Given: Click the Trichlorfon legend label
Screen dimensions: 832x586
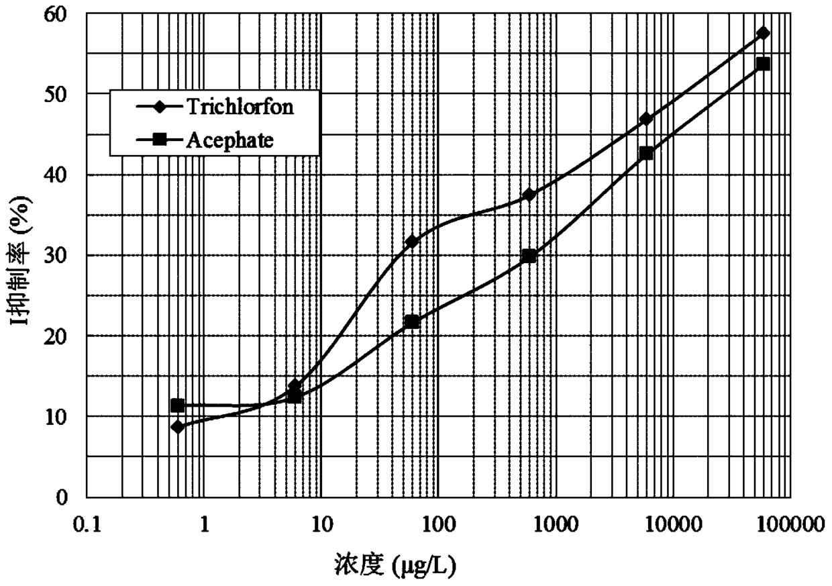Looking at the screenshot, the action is click(240, 107).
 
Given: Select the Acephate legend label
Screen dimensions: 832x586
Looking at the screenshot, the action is click(230, 140).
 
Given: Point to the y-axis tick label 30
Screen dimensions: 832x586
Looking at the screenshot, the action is click(55, 256).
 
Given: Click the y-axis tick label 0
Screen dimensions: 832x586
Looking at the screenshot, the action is click(61, 497).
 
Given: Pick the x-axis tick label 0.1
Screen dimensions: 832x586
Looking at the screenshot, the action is click(87, 525).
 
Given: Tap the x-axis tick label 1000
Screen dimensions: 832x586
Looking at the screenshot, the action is click(556, 525).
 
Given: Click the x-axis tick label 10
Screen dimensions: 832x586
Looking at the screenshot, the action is click(321, 525).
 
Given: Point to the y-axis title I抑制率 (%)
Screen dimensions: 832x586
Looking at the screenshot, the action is click(22, 260).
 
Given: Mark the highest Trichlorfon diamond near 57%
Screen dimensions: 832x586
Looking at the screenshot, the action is click(763, 33).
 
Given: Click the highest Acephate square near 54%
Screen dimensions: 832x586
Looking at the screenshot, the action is click(763, 64).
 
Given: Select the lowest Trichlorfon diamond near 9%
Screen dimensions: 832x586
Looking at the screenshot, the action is click(178, 427).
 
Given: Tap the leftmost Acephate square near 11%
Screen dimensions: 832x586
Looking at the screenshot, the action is click(178, 406).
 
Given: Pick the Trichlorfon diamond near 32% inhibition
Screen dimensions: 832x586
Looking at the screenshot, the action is click(411, 242).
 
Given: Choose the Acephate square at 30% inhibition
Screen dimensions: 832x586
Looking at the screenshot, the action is click(529, 256).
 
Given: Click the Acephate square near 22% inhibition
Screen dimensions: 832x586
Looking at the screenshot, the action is click(411, 322).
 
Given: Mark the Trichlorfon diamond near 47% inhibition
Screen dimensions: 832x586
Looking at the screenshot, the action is click(646, 119).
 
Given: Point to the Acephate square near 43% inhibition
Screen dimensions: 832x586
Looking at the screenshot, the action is click(646, 153).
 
